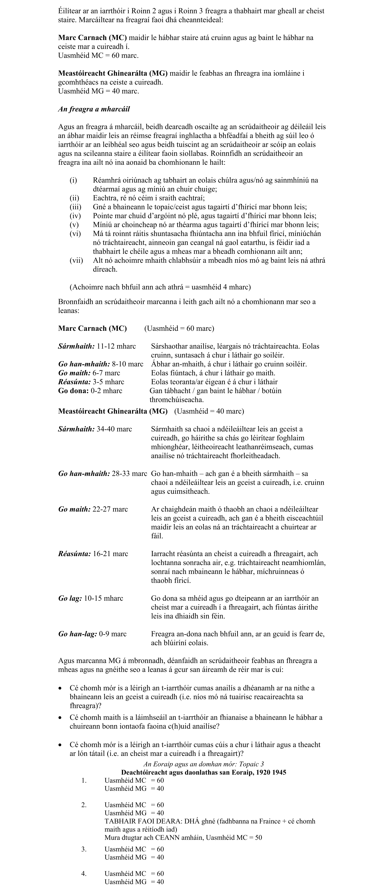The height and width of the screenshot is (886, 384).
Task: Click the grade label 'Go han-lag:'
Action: coord(78,634)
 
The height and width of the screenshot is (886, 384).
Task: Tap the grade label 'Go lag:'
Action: coord(70,598)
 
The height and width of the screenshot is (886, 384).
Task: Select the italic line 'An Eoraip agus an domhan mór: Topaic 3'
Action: coord(204,764)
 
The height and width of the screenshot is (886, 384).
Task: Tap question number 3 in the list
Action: coord(84,849)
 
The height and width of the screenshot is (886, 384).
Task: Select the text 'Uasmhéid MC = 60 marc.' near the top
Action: coord(98,55)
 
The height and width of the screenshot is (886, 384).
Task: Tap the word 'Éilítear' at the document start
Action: coord(70,11)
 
